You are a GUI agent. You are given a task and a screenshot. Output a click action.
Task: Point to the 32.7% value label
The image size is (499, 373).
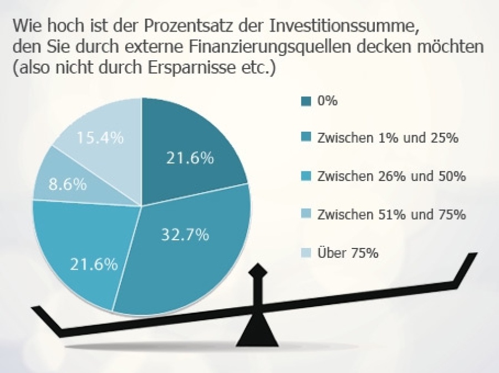coord(185,235)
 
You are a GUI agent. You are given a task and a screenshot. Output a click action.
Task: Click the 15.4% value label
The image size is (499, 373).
coord(100,138)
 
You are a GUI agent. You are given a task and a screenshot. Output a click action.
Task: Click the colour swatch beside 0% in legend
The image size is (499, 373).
coord(305,101)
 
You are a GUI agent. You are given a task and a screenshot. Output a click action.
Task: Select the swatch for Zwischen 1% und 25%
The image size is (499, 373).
coord(305,139)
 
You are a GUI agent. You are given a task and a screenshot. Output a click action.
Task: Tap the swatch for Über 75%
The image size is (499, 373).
coord(305,253)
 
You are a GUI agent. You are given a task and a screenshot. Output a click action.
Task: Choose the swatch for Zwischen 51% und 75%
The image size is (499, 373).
coord(305,215)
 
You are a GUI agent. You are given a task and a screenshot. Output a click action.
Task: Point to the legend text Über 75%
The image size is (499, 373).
coord(348,253)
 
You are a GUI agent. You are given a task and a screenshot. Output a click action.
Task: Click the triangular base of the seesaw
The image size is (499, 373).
coord(257,335)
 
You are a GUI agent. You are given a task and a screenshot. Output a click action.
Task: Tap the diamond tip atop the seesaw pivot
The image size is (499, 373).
coord(257,271)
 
